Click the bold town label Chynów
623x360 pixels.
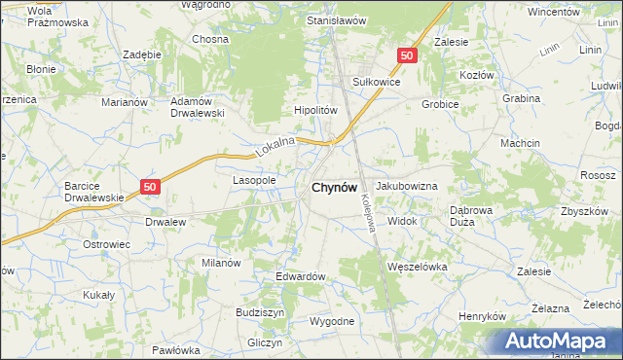click(x=333, y=187)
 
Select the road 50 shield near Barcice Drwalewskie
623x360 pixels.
click(x=149, y=186)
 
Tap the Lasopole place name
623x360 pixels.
click(x=254, y=180)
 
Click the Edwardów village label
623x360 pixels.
click(x=300, y=276)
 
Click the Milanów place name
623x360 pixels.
click(x=221, y=263)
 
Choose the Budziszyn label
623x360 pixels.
click(x=260, y=312)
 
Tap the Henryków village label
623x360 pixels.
click(x=484, y=317)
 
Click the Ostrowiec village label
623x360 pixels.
click(x=106, y=244)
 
